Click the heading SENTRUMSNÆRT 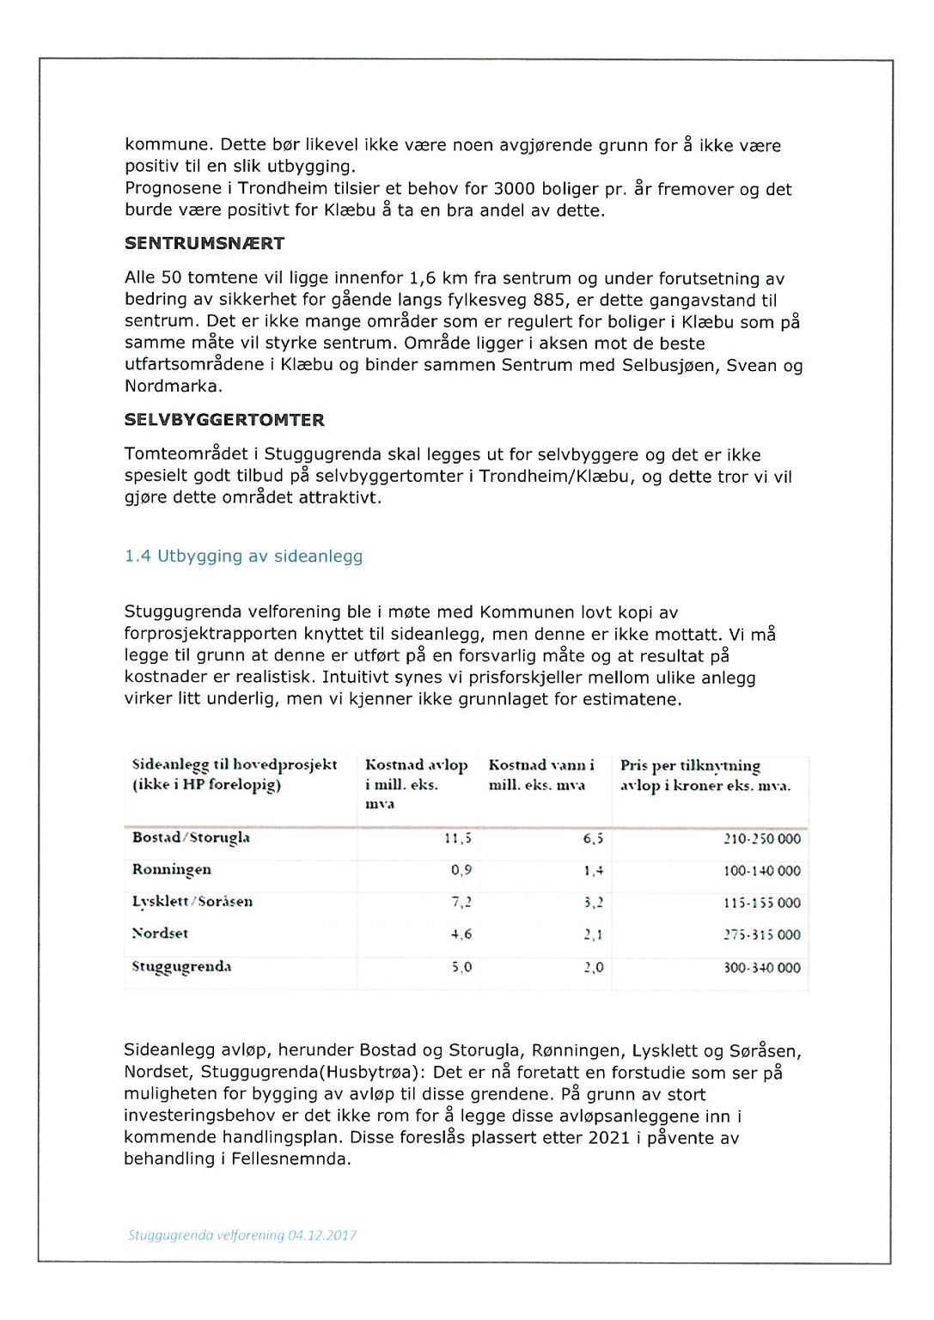click(x=205, y=244)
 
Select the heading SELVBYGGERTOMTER click(x=224, y=420)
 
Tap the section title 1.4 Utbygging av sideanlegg click(x=243, y=557)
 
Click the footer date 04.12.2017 click(x=322, y=1235)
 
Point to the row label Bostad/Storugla click(x=191, y=837)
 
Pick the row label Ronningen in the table click(x=172, y=869)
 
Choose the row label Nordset click(x=160, y=934)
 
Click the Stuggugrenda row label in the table click(x=181, y=966)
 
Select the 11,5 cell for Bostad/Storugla click(x=457, y=838)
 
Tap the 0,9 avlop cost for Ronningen click(x=461, y=870)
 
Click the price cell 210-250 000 click(x=761, y=839)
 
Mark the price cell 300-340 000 click(x=761, y=968)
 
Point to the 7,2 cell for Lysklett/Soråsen click(x=461, y=903)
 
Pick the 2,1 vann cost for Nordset click(x=593, y=934)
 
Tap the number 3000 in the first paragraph click(x=515, y=189)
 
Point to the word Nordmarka click(x=173, y=386)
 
